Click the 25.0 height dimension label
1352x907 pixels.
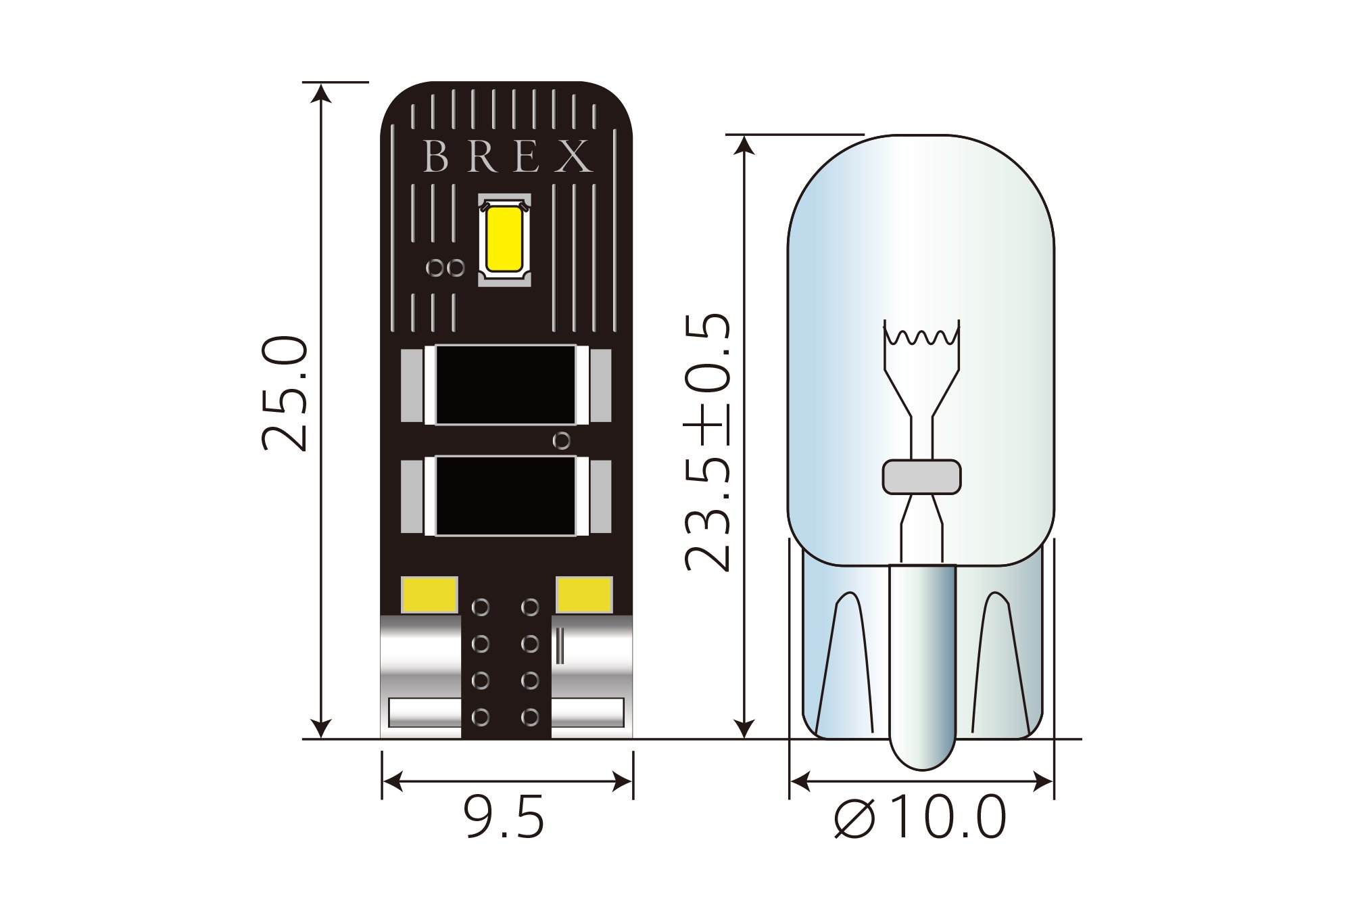(285, 393)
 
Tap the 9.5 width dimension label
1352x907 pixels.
(504, 817)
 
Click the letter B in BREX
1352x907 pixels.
(436, 156)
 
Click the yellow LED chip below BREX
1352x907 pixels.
(504, 239)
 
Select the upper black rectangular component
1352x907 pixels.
(506, 385)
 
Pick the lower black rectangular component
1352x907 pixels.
(506, 496)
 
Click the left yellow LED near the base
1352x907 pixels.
(429, 595)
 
